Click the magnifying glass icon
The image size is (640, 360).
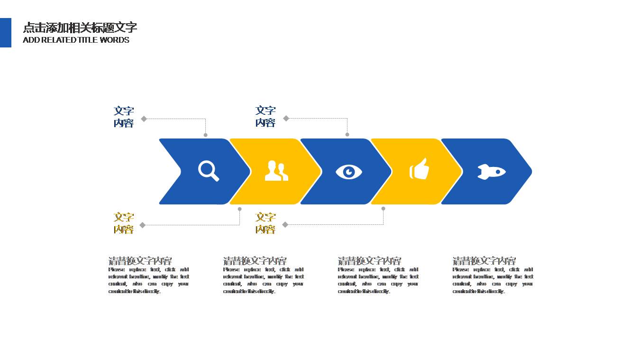point(209,171)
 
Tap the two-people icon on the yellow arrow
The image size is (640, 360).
point(276,171)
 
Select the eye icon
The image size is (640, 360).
point(349,171)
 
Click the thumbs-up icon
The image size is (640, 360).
point(419,169)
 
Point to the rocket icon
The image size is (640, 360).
point(491,171)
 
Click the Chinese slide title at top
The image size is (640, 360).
point(80,28)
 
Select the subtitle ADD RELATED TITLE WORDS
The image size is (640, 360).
point(76,40)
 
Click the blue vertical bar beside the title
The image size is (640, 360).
point(6,33)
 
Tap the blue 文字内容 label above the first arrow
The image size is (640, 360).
point(124,117)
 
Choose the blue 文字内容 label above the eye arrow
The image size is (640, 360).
point(265,116)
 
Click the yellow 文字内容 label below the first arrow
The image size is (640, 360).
point(124,223)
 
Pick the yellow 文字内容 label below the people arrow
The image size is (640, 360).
point(265,223)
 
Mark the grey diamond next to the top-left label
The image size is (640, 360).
point(144,119)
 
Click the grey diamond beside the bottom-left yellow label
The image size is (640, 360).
point(143,225)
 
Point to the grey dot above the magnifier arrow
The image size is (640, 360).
point(205,135)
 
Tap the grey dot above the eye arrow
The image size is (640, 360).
point(347,135)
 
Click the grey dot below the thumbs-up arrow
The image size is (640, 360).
point(383,209)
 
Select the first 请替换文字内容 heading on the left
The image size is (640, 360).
point(140,261)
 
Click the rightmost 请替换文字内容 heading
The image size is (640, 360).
point(484,261)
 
